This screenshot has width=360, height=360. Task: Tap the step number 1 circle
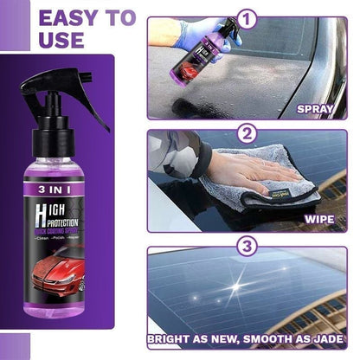click(x=248, y=17)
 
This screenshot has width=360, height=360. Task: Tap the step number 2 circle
click(x=248, y=135)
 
